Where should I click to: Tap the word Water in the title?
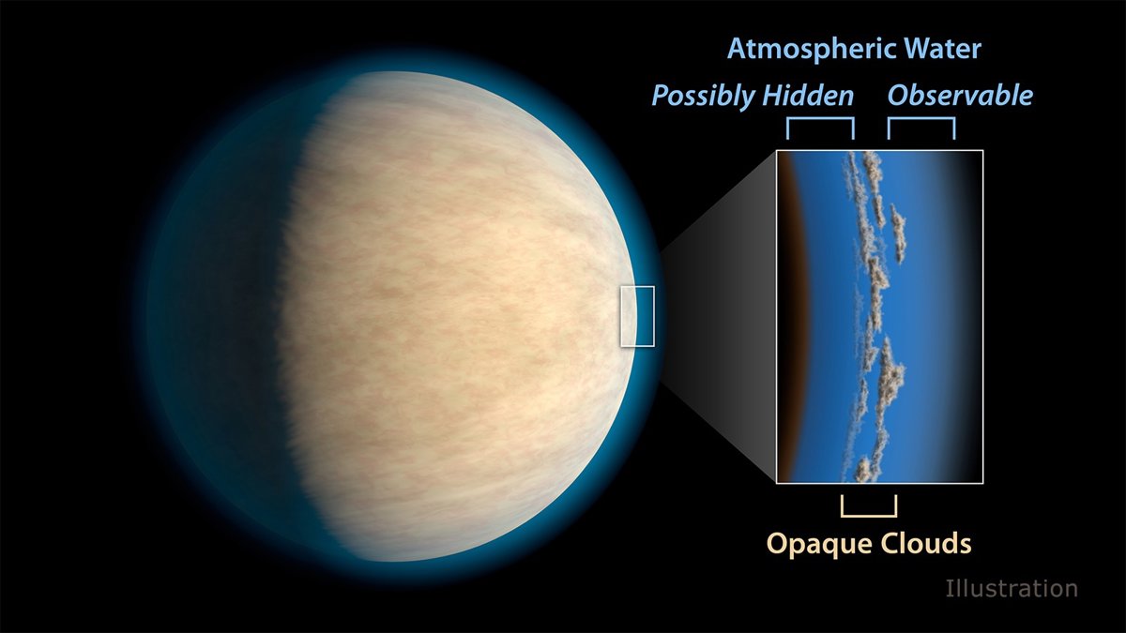(x=942, y=49)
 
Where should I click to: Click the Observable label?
(x=960, y=95)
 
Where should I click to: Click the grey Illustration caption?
(x=1012, y=588)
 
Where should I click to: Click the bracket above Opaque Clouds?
(x=869, y=516)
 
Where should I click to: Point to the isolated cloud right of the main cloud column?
(x=898, y=234)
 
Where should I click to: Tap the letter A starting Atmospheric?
(x=737, y=49)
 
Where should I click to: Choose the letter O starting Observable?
(x=899, y=96)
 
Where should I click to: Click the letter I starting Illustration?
(x=949, y=588)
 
